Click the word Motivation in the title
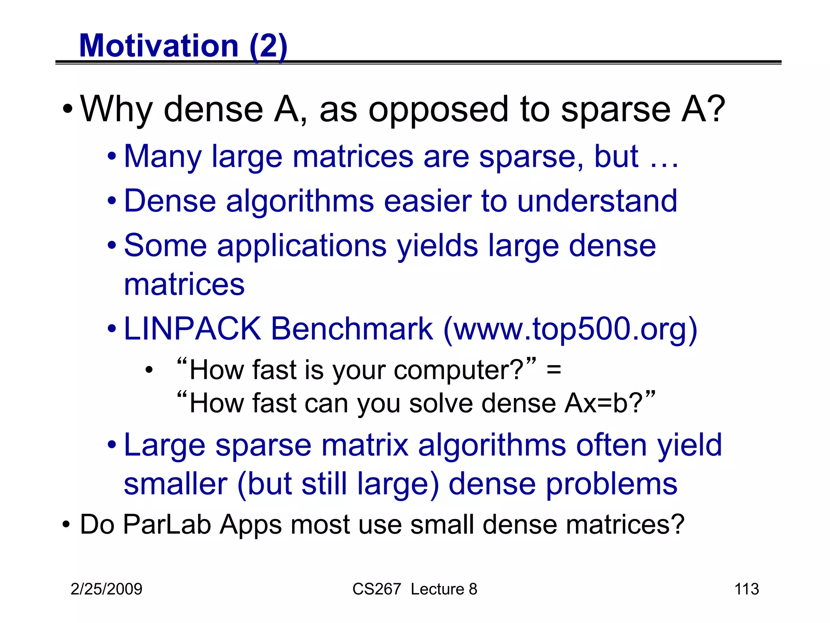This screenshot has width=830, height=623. [x=159, y=46]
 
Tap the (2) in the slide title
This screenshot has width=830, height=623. [x=268, y=46]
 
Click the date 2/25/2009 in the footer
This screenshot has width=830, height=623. [x=106, y=589]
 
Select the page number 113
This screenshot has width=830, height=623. [x=747, y=589]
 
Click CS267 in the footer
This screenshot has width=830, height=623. [x=376, y=589]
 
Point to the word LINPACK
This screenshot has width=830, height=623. [x=192, y=329]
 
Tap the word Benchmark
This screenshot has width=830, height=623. [x=352, y=329]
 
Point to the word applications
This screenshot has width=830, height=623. [x=302, y=247]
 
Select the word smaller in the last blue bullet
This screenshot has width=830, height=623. [x=175, y=484]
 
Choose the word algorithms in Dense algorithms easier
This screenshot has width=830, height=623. [x=300, y=202]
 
